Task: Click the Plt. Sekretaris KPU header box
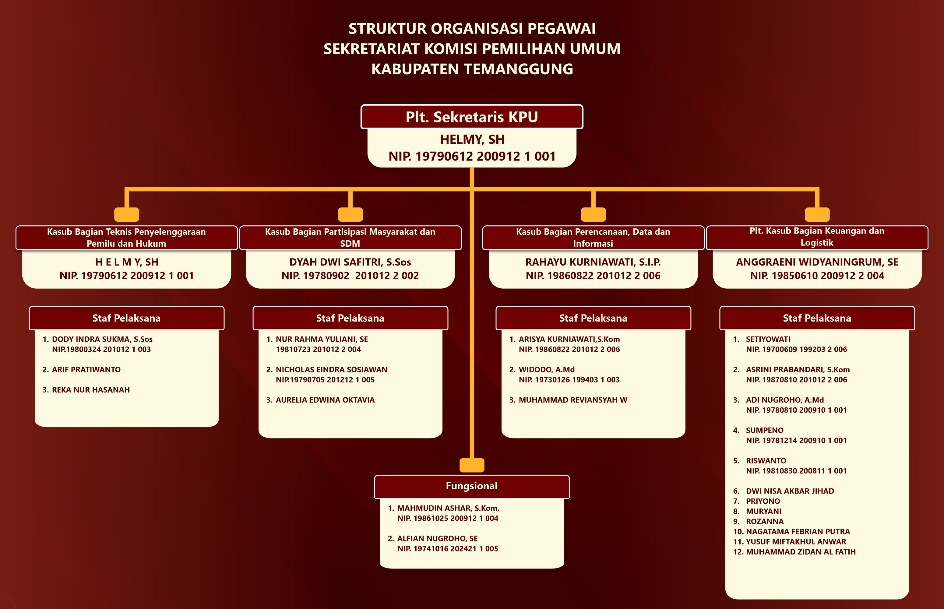tap(471, 117)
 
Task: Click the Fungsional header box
tap(471, 486)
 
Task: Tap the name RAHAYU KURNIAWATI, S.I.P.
tap(593, 262)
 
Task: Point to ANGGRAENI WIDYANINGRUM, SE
tap(817, 262)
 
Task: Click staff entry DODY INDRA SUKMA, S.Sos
tap(102, 339)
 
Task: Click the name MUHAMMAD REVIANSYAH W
tap(573, 400)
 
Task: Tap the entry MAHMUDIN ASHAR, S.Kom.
tap(448, 508)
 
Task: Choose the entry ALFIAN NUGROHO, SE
tap(437, 539)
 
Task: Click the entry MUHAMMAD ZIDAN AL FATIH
tap(801, 552)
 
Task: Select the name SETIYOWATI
tap(768, 339)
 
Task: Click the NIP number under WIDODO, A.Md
tap(569, 380)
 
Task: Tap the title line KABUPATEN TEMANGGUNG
tap(472, 69)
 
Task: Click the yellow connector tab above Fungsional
tap(472, 465)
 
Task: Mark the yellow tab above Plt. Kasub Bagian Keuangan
tap(817, 214)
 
